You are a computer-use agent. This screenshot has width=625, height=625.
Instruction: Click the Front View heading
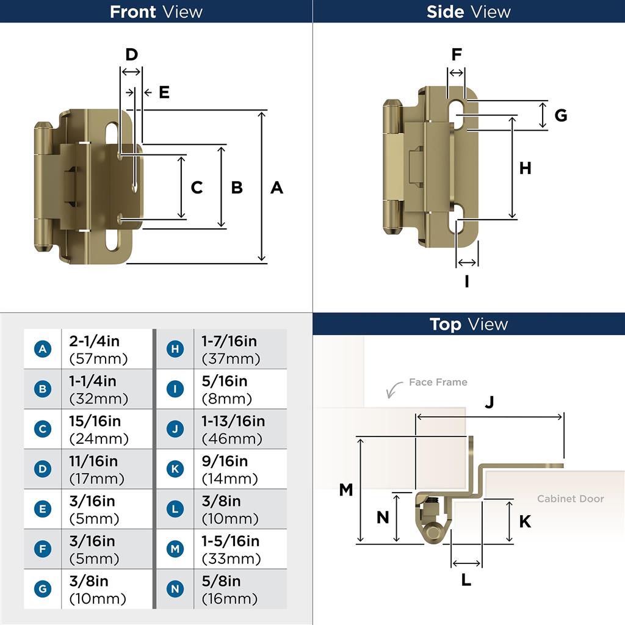pyautogui.click(x=156, y=12)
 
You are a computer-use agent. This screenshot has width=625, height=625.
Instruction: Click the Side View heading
pyautogui.click(x=469, y=12)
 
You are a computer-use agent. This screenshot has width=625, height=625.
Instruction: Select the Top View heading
pyautogui.click(x=469, y=324)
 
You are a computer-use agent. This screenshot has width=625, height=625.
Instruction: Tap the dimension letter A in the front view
pyautogui.click(x=276, y=187)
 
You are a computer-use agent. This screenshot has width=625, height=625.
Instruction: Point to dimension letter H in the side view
pyautogui.click(x=526, y=168)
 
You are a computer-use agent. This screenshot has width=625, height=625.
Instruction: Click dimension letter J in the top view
pyautogui.click(x=490, y=402)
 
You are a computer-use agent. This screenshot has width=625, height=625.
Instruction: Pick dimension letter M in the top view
pyautogui.click(x=346, y=490)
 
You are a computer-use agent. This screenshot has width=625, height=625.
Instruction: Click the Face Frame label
pyautogui.click(x=438, y=382)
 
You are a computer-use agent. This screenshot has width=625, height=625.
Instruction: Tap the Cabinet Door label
pyautogui.click(x=570, y=499)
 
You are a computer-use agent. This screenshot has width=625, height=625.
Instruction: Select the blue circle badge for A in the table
pyautogui.click(x=43, y=349)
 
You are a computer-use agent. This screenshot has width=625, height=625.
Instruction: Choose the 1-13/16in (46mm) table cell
pyautogui.click(x=239, y=429)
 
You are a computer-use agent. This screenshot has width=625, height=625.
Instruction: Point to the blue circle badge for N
pyautogui.click(x=175, y=589)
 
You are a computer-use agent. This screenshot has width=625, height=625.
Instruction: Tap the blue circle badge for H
pyautogui.click(x=175, y=349)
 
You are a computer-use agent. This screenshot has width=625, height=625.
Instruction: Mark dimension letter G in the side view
pyautogui.click(x=560, y=115)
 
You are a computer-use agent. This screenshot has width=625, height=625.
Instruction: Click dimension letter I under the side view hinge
pyautogui.click(x=467, y=281)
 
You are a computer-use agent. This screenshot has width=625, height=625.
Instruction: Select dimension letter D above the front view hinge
pyautogui.click(x=131, y=55)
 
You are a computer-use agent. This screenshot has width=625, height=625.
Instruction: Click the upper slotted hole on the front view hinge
pyautogui.click(x=112, y=135)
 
